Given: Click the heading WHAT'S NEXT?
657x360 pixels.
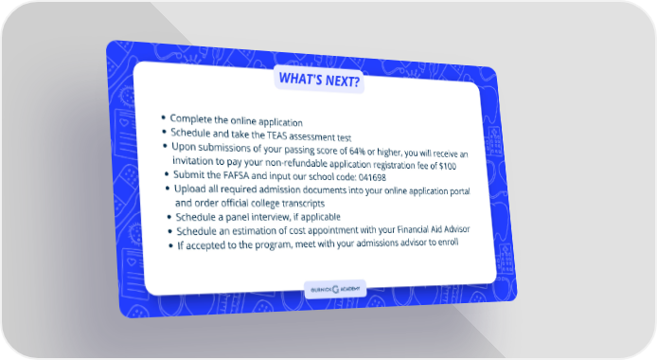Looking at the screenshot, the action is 319,80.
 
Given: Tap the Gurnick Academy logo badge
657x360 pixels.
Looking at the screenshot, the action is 335,289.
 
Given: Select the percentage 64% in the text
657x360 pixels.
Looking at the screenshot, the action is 358,151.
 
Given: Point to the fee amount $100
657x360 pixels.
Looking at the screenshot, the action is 448,166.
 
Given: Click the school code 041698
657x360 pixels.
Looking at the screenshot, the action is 372,177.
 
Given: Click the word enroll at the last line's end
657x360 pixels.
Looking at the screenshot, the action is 449,242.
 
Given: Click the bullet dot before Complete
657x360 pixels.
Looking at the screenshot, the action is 164,117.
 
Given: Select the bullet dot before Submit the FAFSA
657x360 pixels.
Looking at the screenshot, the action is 167,174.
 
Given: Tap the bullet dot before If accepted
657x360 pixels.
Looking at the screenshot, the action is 170,245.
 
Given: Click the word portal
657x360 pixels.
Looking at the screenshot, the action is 460,191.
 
